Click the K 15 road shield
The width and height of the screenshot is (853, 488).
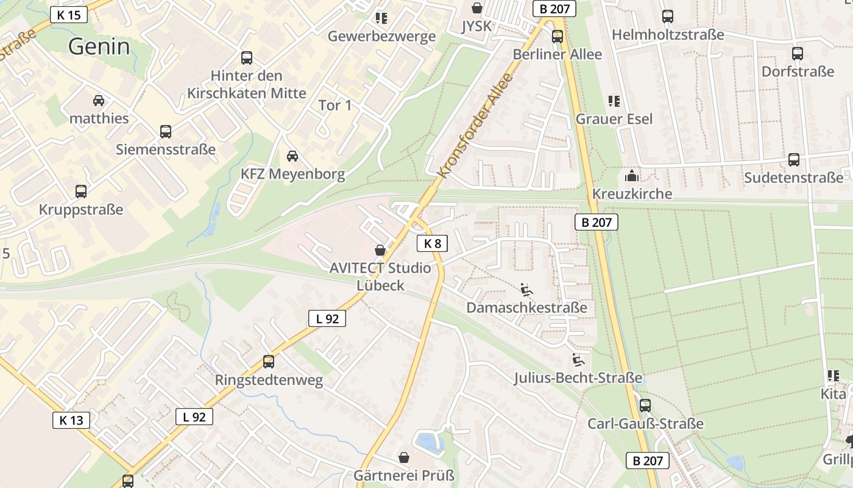click(69, 15)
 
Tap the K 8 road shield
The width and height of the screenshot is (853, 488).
click(432, 243)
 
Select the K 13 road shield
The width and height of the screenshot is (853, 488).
click(71, 420)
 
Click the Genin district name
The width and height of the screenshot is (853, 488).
click(99, 46)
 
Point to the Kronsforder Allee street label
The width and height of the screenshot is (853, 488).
click(476, 126)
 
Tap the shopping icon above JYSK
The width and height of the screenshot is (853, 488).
click(477, 8)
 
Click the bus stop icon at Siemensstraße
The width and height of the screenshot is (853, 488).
click(165, 131)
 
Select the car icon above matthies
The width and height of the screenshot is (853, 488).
click(99, 100)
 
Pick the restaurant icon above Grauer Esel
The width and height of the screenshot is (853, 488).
click(614, 101)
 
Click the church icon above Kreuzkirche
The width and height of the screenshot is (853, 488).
click(632, 176)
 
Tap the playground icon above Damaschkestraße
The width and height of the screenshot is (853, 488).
click(526, 289)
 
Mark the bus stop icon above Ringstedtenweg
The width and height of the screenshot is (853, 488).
click(269, 361)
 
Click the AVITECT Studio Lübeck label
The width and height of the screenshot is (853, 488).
click(380, 276)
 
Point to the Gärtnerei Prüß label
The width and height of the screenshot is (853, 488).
click(404, 475)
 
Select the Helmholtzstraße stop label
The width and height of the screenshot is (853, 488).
click(668, 35)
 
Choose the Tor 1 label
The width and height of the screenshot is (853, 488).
click(335, 106)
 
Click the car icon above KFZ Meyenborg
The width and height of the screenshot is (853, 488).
click(292, 156)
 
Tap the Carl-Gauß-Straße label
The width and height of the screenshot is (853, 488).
click(645, 423)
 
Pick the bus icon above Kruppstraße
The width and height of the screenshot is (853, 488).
click(81, 191)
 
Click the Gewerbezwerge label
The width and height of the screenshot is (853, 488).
click(381, 36)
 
